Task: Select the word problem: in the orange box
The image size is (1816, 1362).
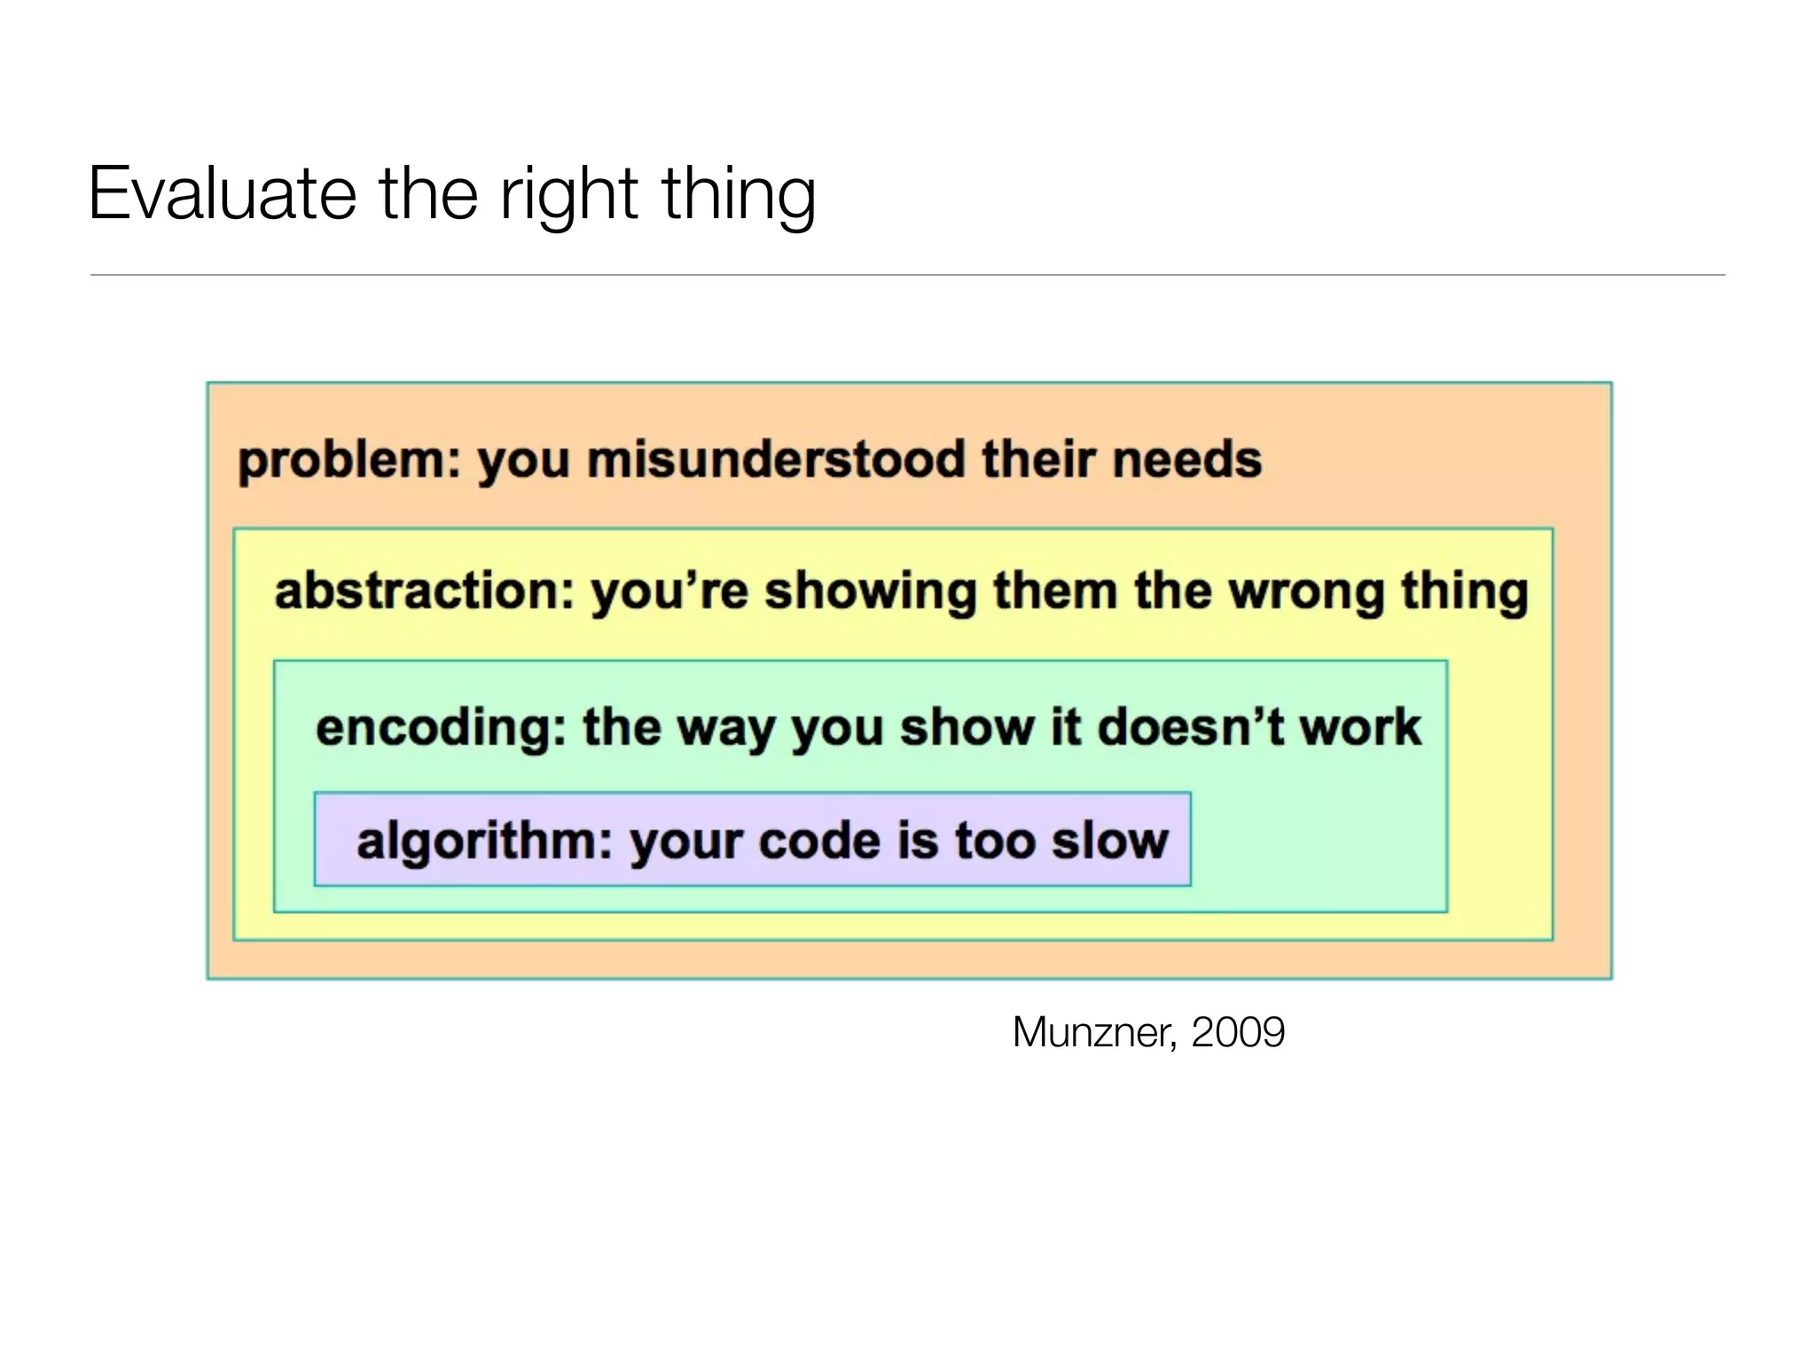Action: (x=349, y=461)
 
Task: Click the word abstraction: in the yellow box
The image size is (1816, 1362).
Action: (x=424, y=591)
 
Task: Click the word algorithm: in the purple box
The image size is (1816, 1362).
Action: (x=484, y=841)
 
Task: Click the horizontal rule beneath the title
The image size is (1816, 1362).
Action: (x=907, y=275)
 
